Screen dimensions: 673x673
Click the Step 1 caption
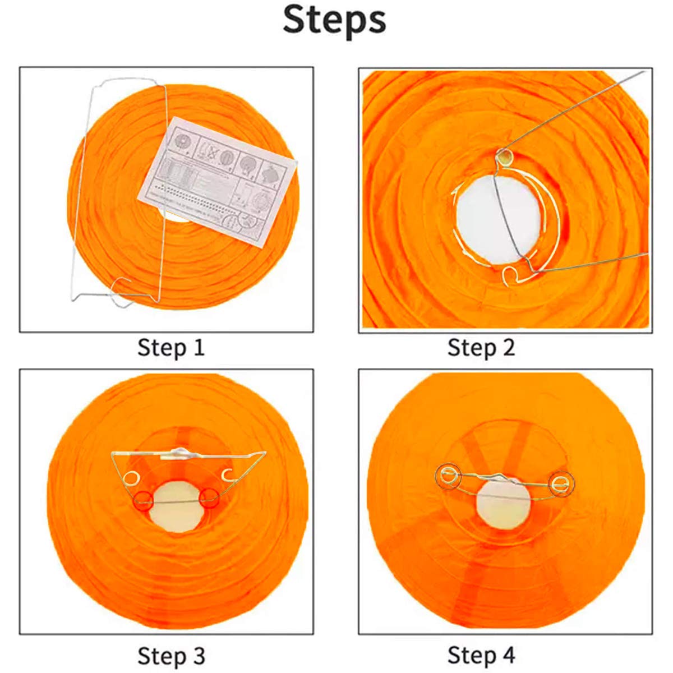coord(171,348)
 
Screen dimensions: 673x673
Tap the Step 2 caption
coord(481,348)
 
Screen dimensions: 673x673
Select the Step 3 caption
coord(171,655)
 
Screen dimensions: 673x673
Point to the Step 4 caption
coord(481,655)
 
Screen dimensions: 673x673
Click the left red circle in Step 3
coord(144,499)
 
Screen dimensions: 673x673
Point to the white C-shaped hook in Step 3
coord(227,474)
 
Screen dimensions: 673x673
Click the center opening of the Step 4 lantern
coord(503,502)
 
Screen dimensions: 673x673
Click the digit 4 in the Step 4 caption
coord(508,655)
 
